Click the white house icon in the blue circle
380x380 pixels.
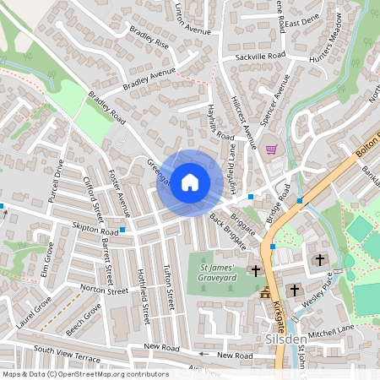[190, 182]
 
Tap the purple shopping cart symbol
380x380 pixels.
[271, 149]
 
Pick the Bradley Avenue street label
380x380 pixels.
[149, 79]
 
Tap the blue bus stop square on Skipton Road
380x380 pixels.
[123, 229]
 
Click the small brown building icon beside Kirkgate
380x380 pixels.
[265, 294]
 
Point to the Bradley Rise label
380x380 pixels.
[149, 39]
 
